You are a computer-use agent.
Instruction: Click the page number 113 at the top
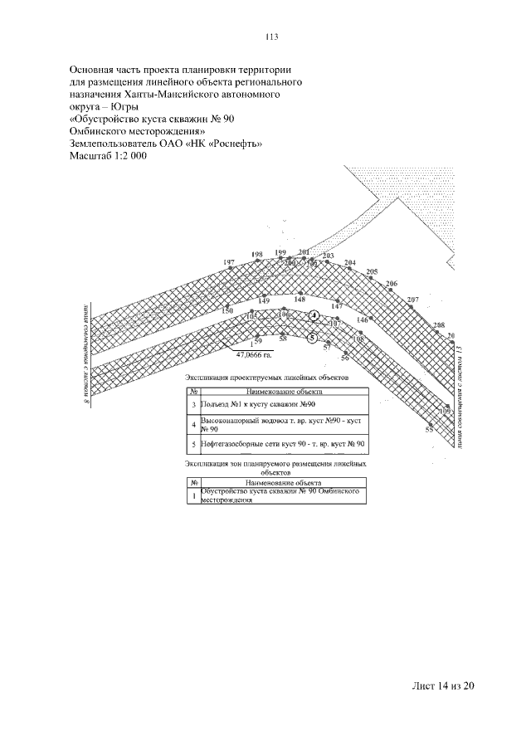pos(270,36)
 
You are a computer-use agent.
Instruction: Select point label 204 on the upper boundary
pos(350,263)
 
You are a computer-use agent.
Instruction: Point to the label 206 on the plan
pos(392,284)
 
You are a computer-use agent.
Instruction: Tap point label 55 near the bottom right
pos(429,430)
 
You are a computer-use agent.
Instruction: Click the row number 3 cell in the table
pos(193,404)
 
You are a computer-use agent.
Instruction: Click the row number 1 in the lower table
pos(193,497)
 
